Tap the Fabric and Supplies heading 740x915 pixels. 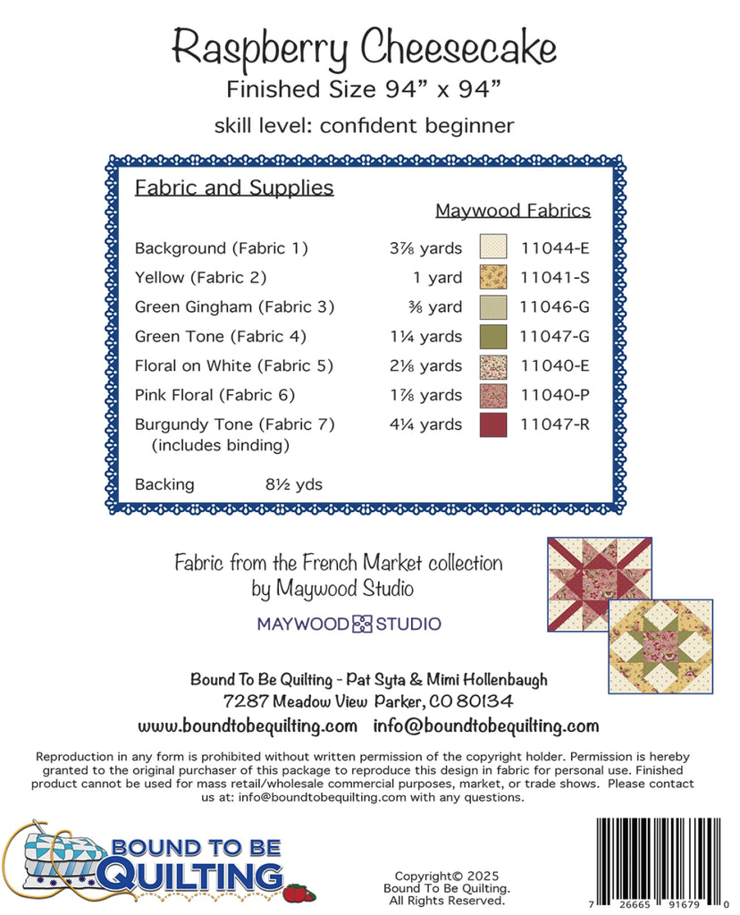point(234,188)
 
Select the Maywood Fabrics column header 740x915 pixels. point(513,211)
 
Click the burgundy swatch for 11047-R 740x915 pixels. point(492,424)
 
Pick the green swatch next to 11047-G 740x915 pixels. point(492,336)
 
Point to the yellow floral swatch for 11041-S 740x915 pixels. point(492,277)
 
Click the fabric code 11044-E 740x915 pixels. point(554,248)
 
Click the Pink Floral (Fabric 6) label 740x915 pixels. point(214,395)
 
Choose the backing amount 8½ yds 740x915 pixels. point(293,484)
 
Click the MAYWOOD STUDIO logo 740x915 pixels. point(349,624)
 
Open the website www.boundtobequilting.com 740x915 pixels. point(248,726)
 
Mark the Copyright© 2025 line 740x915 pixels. point(447,876)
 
